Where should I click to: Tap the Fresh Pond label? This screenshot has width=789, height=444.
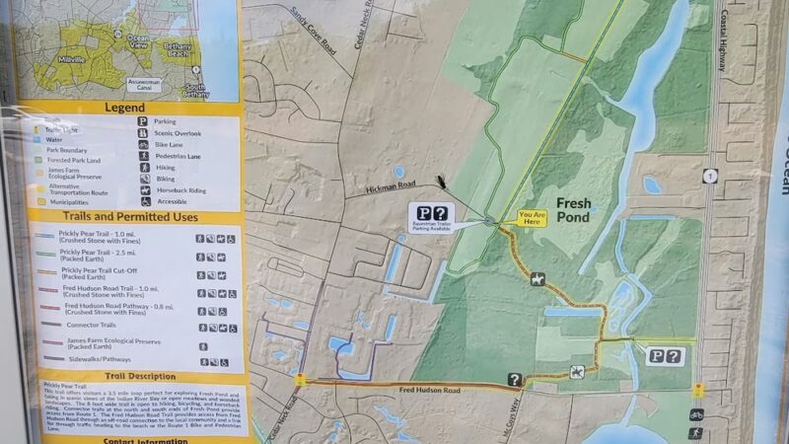pos(573,210)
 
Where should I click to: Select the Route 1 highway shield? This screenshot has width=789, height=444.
pos(710,176)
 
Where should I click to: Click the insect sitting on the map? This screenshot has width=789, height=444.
pos(441,182)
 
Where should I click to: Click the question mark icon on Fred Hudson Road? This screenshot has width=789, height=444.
pos(514,379)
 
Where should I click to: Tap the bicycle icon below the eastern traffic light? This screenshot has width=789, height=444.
pos(696,414)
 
